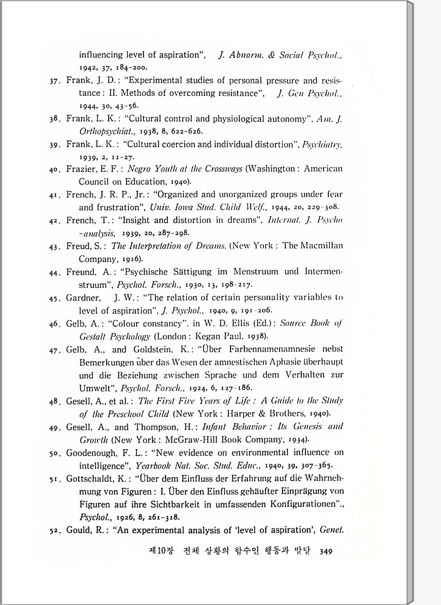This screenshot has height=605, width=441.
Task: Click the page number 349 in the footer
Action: (326, 551)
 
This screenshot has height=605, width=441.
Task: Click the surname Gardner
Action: (83, 298)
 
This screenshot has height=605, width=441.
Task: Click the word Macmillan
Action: (322, 246)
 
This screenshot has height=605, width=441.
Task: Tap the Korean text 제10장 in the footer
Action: (161, 551)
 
